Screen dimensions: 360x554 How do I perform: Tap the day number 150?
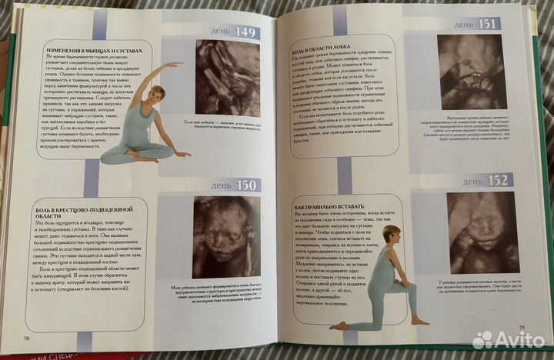pyautogui.click(x=245, y=185)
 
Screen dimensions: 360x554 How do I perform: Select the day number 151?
pyautogui.click(x=487, y=24)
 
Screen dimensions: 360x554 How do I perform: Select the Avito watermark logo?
pyautogui.click(x=507, y=338)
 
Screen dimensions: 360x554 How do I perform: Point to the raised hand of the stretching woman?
pyautogui.click(x=179, y=65)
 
